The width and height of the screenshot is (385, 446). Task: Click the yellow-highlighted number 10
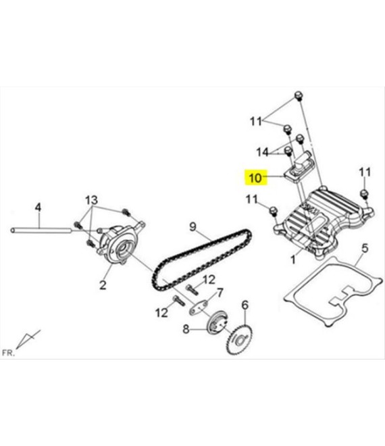click(255, 178)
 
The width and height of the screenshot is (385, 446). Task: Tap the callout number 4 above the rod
click(38, 207)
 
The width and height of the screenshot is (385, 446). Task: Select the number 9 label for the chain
click(192, 226)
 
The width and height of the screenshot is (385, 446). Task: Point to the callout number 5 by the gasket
click(365, 248)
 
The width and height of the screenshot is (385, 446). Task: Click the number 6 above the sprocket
click(245, 305)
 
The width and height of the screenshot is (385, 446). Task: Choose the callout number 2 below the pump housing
click(103, 284)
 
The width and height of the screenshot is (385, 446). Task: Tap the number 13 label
click(92, 200)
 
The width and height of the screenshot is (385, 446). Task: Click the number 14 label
click(262, 152)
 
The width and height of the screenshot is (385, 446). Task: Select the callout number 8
click(186, 329)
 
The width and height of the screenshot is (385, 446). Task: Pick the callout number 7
click(220, 293)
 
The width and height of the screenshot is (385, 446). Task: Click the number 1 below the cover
click(293, 259)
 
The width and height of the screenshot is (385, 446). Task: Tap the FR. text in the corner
click(8, 353)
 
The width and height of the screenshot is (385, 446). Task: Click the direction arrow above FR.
click(27, 339)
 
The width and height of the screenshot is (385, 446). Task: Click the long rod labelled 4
click(41, 230)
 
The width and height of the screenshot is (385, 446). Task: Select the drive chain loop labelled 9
click(202, 259)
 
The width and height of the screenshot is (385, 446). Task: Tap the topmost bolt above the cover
click(299, 95)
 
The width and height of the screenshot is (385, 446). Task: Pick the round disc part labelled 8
click(217, 323)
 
